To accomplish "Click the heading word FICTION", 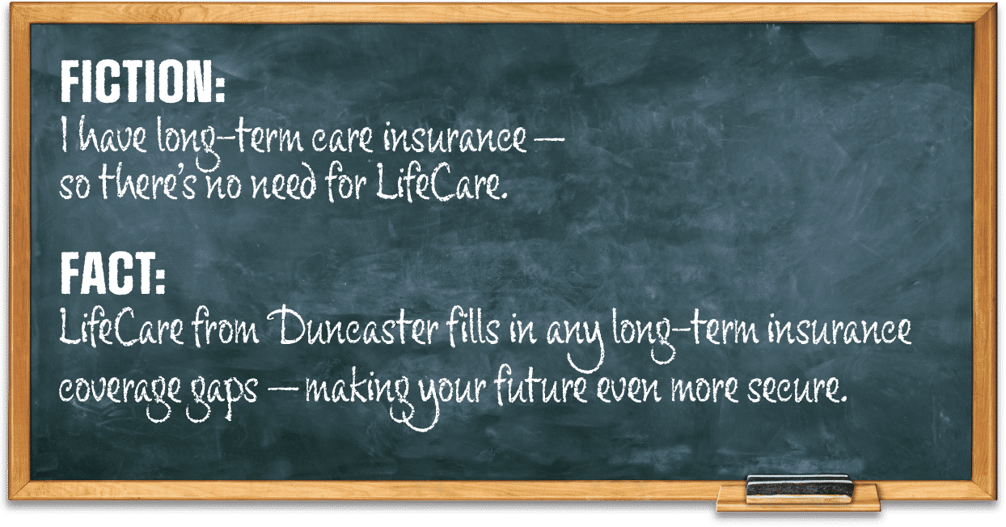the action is tap(142, 82).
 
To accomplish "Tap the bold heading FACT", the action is tap(112, 273).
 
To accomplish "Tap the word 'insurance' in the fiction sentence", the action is tap(454, 138).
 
